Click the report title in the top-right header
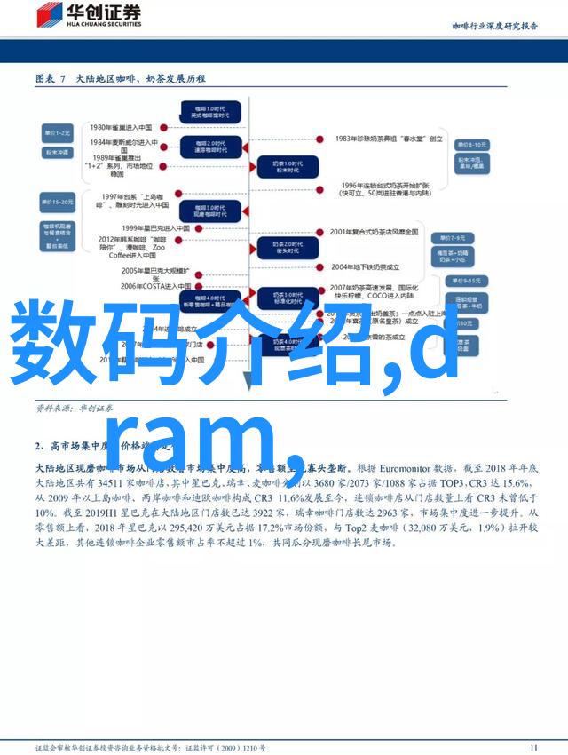pos(495,26)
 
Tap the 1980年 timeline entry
pos(122,127)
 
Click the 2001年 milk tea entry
pos(374,232)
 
